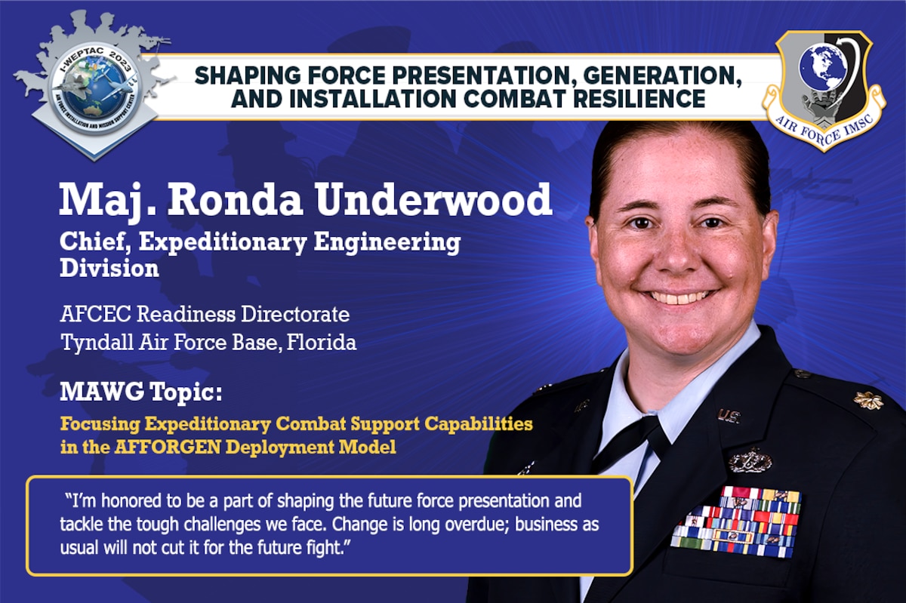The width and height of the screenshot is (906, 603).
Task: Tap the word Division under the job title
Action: point(109,269)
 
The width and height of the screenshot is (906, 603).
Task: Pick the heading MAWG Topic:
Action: point(141,392)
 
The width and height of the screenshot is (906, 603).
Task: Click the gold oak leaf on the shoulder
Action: point(867,400)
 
